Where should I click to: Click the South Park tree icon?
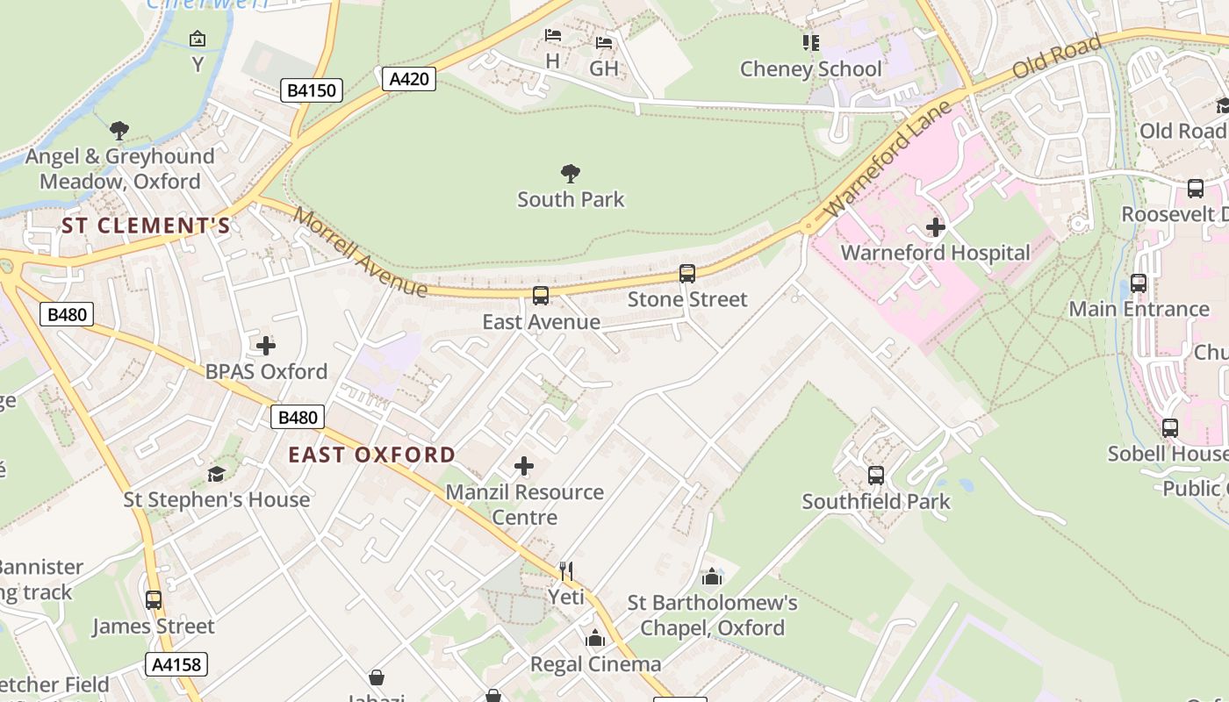(x=571, y=173)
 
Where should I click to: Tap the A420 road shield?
(x=409, y=79)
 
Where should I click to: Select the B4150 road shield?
(x=312, y=90)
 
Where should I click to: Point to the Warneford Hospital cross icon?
(x=935, y=227)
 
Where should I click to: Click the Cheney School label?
(x=810, y=68)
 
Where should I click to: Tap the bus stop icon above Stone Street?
(x=687, y=274)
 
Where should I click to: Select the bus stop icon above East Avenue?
(x=541, y=296)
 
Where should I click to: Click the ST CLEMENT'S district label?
(x=146, y=226)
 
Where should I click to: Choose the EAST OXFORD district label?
(x=372, y=455)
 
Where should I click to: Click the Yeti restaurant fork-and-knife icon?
(x=566, y=571)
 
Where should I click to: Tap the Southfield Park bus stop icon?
(x=875, y=476)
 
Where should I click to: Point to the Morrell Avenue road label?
(x=361, y=252)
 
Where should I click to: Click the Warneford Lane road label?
(x=888, y=160)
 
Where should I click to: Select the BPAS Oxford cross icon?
(x=265, y=346)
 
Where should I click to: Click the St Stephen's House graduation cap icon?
(x=216, y=474)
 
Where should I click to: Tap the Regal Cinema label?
(x=595, y=663)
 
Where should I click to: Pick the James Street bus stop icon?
(x=154, y=600)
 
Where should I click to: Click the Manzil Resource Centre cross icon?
(x=524, y=466)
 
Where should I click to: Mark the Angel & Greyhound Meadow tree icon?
(x=119, y=132)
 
